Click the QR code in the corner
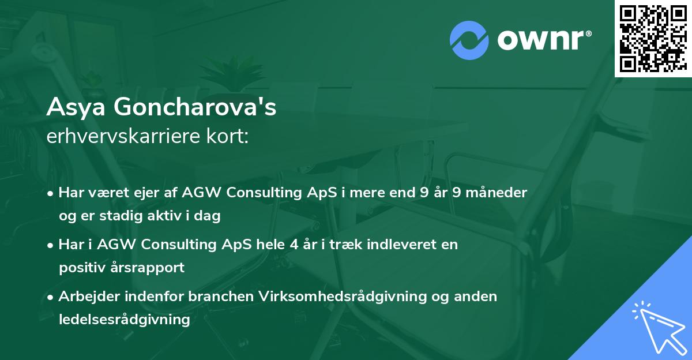(653, 38)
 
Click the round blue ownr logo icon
(469, 40)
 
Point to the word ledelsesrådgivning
(125, 320)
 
